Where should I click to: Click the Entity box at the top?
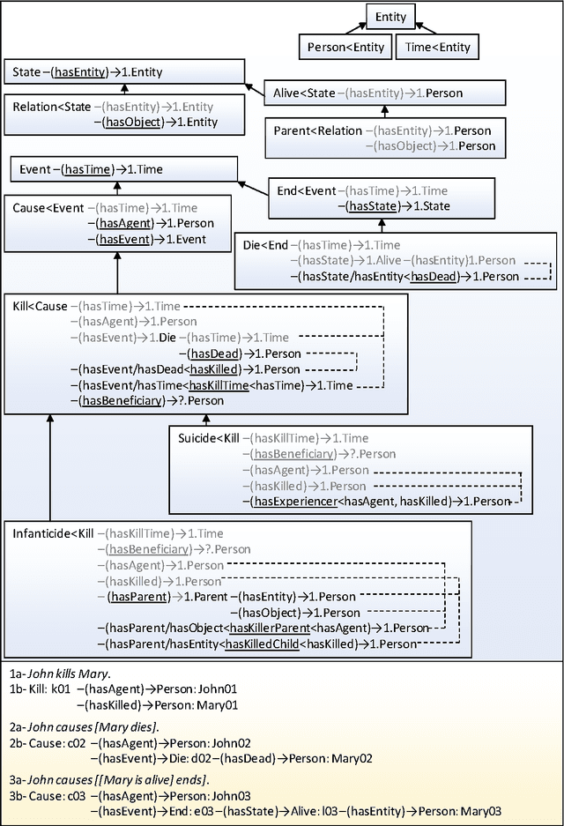point(390,17)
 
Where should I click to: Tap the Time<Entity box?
point(436,48)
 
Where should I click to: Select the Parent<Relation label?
point(317,130)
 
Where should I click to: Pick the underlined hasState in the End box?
point(372,205)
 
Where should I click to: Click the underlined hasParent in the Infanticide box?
point(135,597)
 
